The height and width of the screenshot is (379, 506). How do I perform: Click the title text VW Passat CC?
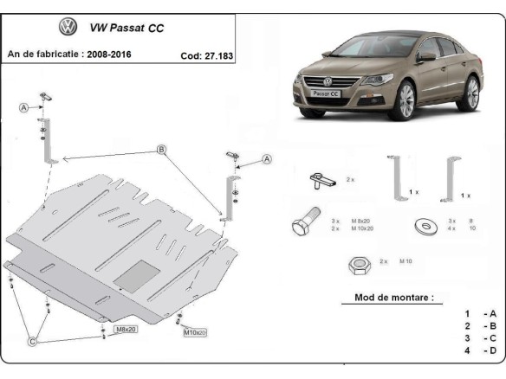pos(126,28)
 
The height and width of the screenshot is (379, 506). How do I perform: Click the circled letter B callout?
pos(161,150)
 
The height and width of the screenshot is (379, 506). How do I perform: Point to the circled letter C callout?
pos(33,342)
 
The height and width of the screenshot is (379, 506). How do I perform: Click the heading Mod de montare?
pos(394,298)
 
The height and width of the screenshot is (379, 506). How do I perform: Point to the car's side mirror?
pos(427,56)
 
